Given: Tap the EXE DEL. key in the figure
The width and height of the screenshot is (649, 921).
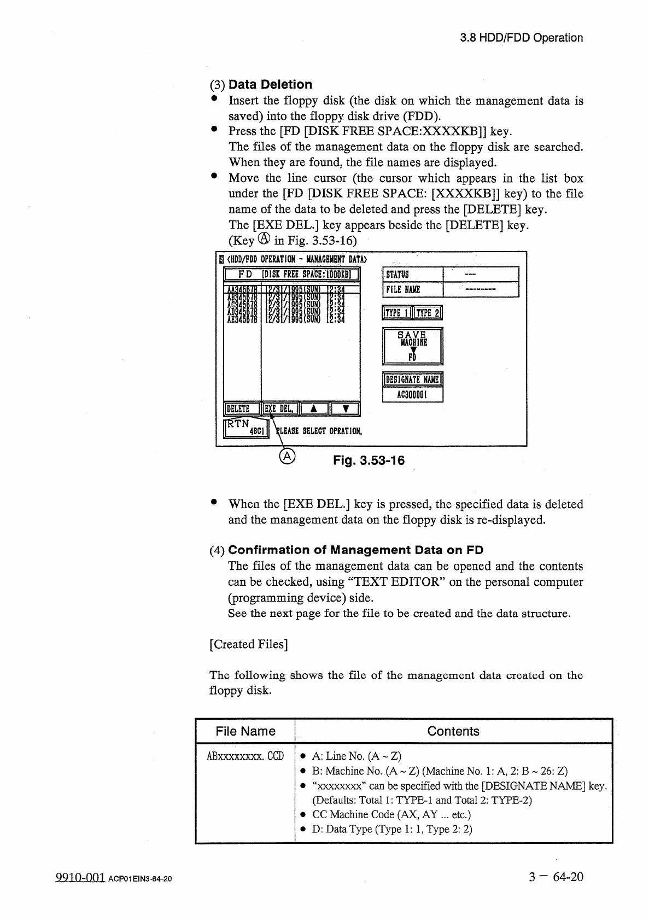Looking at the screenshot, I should [279, 409].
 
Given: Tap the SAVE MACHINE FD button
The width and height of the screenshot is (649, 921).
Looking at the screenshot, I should [412, 346].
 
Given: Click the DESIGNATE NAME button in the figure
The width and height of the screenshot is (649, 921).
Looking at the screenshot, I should [412, 380].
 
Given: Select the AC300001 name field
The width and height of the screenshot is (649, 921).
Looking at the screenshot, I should [412, 394].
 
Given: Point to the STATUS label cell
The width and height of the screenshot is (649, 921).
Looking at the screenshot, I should [413, 275].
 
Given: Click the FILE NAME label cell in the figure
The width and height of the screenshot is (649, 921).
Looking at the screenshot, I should [413, 290].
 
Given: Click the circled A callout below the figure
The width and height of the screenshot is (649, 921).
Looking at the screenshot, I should [288, 457].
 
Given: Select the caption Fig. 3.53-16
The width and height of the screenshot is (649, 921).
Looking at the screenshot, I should [369, 460].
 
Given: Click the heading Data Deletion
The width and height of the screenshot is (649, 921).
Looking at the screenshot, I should [270, 85].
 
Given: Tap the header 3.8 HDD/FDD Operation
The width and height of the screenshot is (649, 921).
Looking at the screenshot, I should [521, 38].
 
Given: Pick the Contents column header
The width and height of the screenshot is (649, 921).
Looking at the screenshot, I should [453, 731].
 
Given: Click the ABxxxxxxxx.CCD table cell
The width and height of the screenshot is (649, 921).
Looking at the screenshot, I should [245, 756].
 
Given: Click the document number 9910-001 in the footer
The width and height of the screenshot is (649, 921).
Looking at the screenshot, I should [80, 878].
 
